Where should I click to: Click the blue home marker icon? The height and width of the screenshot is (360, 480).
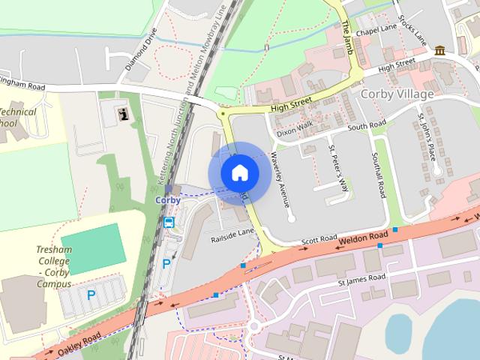click(x=239, y=173)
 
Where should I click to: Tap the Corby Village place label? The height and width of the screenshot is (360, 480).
click(x=397, y=94)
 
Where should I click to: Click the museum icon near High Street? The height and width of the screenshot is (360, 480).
click(x=439, y=50)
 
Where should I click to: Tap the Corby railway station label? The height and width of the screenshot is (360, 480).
click(x=168, y=201)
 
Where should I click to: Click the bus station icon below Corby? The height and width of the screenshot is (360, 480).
click(x=169, y=222)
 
